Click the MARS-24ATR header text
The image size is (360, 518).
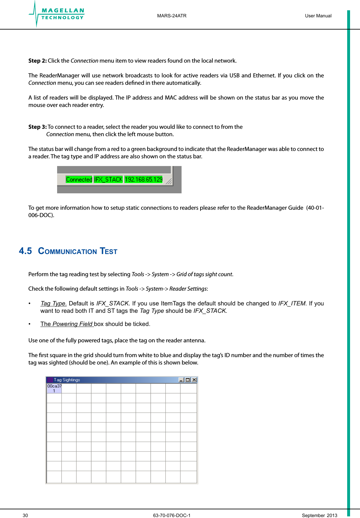[172, 16]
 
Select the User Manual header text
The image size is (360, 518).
[318, 16]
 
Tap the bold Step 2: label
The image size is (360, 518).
[38, 61]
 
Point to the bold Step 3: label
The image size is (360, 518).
[38, 127]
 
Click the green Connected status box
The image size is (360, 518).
[79, 180]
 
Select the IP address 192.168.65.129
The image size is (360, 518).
[143, 180]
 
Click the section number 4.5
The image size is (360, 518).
[25, 251]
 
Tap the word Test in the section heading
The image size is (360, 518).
[108, 251]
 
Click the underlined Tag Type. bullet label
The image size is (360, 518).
[53, 303]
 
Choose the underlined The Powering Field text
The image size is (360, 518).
[67, 324]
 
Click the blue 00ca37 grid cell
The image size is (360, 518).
[54, 388]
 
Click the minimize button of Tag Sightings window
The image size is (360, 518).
[181, 380]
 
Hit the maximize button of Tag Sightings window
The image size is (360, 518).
[188, 380]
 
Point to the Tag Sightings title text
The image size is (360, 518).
[67, 380]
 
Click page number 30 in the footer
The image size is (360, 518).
[25, 515]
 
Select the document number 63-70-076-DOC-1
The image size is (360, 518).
[172, 515]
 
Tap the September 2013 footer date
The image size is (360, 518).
[319, 515]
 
